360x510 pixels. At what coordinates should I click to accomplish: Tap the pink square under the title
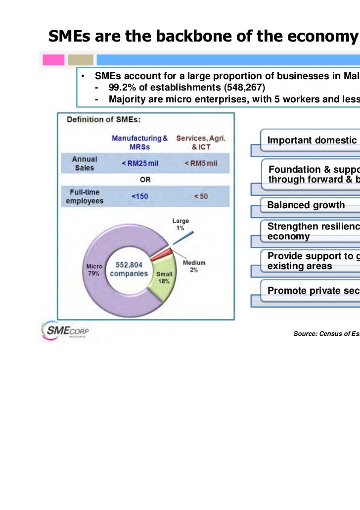pos(53,60)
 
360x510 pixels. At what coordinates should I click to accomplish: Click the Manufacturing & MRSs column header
pos(139,142)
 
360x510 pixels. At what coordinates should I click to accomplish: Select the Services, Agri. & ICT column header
pos(201,142)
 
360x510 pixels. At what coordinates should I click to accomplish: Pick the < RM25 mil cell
pos(140,164)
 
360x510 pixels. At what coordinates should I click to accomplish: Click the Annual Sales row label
pos(85,163)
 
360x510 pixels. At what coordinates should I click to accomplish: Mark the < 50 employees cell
pos(200,196)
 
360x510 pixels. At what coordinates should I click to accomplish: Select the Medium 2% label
pos(194,266)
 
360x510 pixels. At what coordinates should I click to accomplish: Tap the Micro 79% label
pos(94,270)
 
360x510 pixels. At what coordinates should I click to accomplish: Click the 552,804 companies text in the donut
pos(129,269)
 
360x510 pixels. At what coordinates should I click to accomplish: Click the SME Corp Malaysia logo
pos(64,329)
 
